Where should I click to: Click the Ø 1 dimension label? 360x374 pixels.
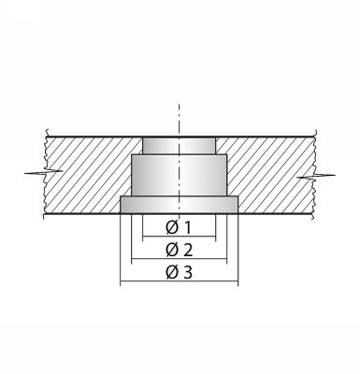click(179, 228)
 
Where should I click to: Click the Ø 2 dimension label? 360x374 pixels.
click(180, 250)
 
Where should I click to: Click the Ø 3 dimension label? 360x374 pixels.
click(180, 272)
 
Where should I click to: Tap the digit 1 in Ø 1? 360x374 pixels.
click(187, 228)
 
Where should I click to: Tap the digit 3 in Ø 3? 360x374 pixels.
click(188, 273)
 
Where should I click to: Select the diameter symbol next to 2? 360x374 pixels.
click(171, 251)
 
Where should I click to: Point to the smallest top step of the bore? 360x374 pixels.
click(179, 146)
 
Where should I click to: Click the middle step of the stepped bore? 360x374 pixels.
click(179, 175)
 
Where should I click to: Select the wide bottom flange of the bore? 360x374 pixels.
click(179, 205)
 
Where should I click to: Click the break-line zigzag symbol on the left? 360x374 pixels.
click(44, 171)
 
